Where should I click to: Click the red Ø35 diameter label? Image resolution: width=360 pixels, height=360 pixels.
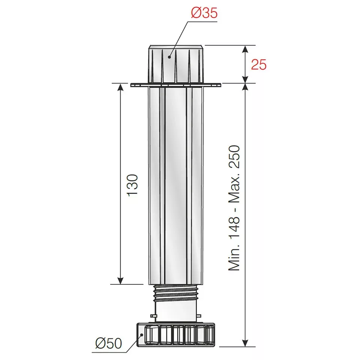[204, 13]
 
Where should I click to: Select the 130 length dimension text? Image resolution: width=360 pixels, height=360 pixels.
[132, 185]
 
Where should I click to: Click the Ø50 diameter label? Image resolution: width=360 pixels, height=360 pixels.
[109, 343]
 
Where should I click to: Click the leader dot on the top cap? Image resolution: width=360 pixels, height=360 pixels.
[169, 57]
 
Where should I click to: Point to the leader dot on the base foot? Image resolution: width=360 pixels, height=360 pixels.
[142, 335]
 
